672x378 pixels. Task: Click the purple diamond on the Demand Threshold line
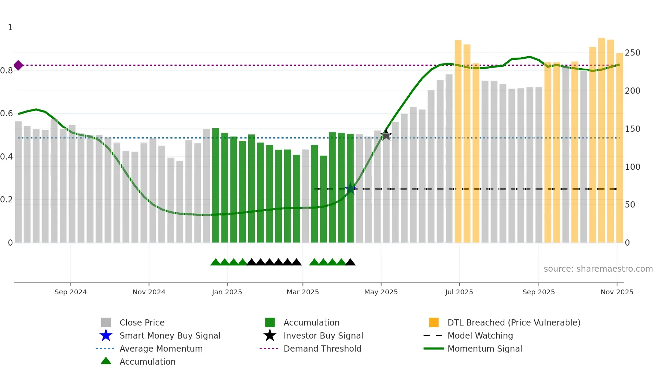(x=19, y=65)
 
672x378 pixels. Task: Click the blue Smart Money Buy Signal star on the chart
(x=350, y=188)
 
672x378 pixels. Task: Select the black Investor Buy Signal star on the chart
(x=386, y=135)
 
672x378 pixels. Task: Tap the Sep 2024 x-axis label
(x=71, y=292)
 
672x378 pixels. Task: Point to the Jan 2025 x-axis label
(x=227, y=292)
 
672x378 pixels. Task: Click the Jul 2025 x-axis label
(x=459, y=292)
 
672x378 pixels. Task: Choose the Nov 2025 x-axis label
(x=617, y=292)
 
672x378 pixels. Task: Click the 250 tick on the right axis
(x=633, y=53)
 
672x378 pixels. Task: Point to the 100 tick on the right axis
(x=633, y=167)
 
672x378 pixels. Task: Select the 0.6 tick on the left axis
(x=7, y=114)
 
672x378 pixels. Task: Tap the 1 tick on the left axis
(x=10, y=27)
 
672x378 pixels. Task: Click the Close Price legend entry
(x=142, y=322)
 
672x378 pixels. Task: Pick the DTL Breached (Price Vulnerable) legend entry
(x=514, y=322)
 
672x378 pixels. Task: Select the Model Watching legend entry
(x=480, y=335)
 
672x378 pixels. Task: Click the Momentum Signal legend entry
(x=484, y=349)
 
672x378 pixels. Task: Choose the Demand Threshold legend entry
(x=322, y=349)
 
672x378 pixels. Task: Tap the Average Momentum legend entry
(x=161, y=349)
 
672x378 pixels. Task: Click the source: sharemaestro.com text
(x=598, y=269)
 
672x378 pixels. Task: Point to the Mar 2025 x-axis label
(x=303, y=292)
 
